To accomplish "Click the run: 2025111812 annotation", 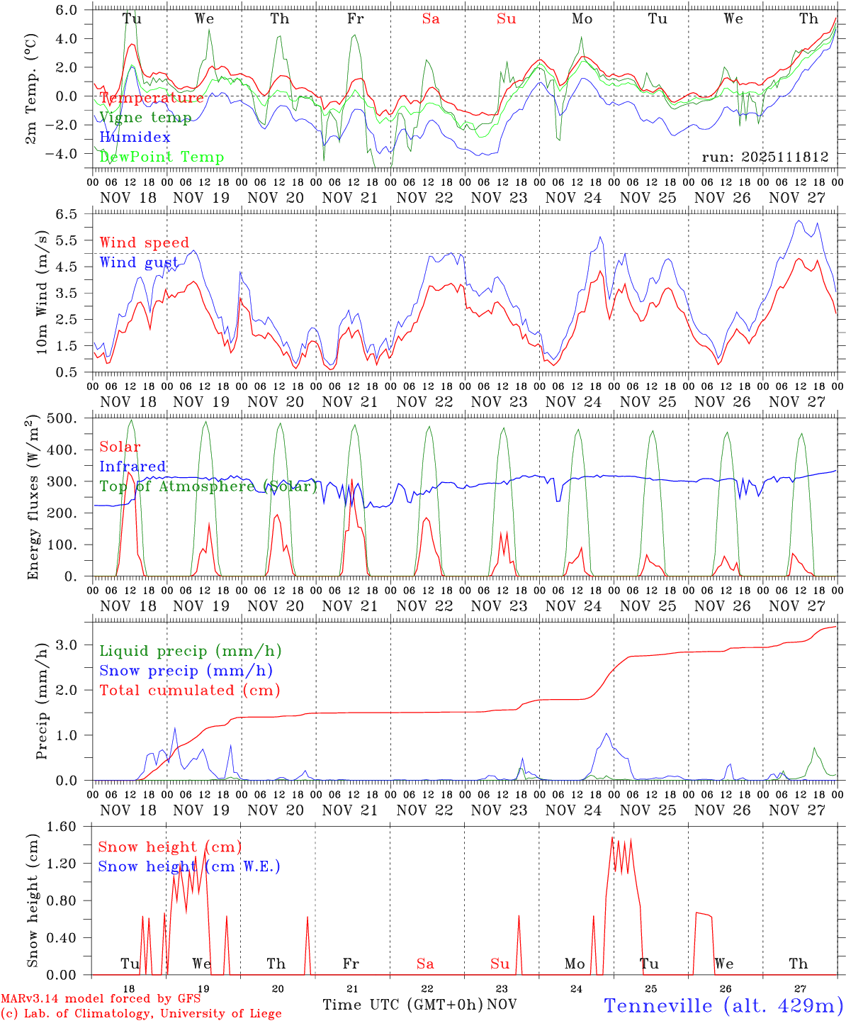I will click(x=765, y=157).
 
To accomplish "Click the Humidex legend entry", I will click(x=135, y=137).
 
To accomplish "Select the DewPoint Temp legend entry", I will click(x=162, y=157).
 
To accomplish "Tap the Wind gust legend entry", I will click(x=139, y=262).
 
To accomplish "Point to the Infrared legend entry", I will click(x=132, y=466).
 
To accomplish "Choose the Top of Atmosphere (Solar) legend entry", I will click(x=208, y=486).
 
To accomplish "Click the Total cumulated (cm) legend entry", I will click(x=189, y=690).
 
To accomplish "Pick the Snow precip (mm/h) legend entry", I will click(x=186, y=670).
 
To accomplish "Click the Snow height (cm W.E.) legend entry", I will click(x=189, y=866).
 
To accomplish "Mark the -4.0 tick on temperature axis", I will click(x=70, y=154).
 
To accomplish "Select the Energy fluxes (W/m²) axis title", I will click(x=33, y=496).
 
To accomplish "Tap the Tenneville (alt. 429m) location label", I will click(x=723, y=1005).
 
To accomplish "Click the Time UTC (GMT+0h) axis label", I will click(x=402, y=1004).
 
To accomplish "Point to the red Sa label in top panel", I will click(x=431, y=19).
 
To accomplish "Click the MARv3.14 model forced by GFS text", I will click(x=101, y=999).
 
